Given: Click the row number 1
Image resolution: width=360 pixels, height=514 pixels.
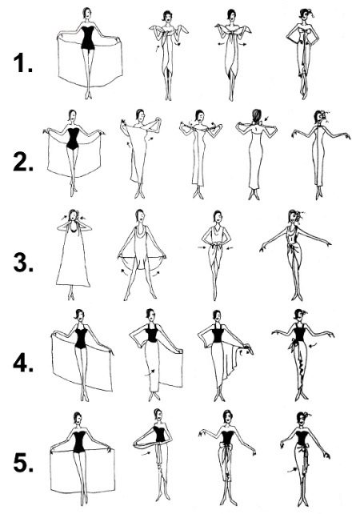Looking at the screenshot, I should point(22,65).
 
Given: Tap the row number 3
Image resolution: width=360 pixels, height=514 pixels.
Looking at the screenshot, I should point(22,261).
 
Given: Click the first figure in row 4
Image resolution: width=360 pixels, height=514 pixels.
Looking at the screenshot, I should point(79,352).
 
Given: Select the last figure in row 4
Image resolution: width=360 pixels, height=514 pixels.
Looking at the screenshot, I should point(300,352).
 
